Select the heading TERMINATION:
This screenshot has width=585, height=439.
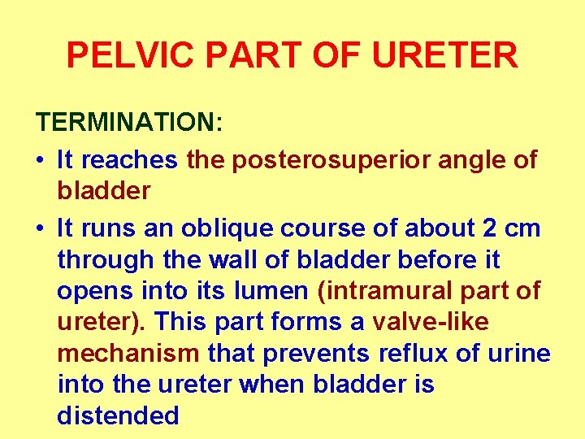(129, 123)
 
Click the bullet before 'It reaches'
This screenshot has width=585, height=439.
(41, 160)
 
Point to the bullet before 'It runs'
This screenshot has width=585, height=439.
(41, 228)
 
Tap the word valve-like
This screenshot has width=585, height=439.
(431, 322)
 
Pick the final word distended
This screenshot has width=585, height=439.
(118, 415)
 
